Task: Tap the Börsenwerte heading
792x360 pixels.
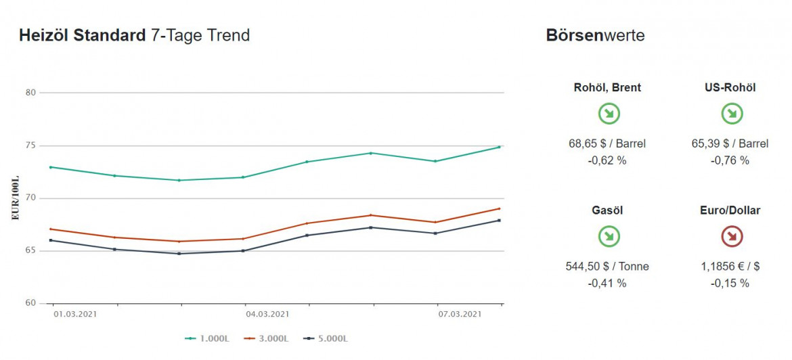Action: tap(595, 36)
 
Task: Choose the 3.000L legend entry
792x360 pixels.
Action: tap(264, 338)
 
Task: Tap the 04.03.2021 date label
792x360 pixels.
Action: tap(267, 314)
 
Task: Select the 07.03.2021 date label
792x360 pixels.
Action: tap(460, 314)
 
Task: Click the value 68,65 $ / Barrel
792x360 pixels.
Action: tap(607, 143)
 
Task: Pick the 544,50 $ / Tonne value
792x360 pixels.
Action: tap(607, 267)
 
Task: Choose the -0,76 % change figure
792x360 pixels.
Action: tap(730, 160)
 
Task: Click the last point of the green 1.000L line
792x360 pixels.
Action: tap(500, 147)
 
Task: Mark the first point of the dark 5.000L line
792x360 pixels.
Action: tap(51, 240)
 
